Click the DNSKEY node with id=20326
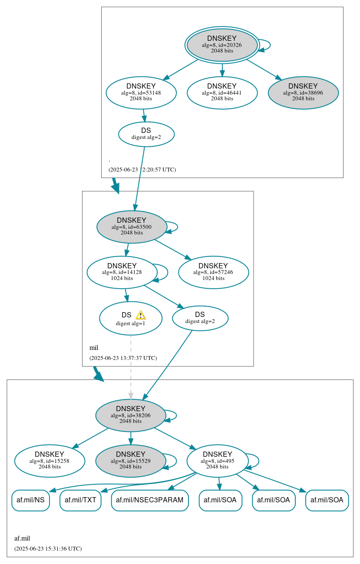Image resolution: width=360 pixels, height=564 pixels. pos(222,45)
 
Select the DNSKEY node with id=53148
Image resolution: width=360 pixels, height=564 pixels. pos(141,92)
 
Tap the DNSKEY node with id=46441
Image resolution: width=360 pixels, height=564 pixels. pos(222,92)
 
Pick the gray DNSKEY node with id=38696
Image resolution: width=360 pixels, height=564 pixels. pos(303,92)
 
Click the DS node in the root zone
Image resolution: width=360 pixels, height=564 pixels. pos(146,134)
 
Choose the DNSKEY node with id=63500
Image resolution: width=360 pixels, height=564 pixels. pos(132,227)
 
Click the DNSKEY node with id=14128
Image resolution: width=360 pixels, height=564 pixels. pos(122,272)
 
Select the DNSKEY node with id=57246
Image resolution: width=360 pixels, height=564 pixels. pos(213,272)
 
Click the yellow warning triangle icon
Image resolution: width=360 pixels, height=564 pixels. pos(140,315)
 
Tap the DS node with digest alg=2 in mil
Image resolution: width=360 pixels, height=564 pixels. pos(200,318)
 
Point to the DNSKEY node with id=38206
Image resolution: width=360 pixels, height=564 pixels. pos(131,415)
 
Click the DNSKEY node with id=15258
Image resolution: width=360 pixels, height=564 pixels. pos(50,461)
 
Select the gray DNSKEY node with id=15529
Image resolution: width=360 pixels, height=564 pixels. pos(131,461)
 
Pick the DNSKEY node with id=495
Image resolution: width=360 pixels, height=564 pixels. pos(218,461)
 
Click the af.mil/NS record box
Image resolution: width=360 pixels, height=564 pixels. pos(30,500)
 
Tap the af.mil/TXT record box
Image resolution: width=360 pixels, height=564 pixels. pos(80,500)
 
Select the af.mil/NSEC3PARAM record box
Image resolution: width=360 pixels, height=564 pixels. pos(150,500)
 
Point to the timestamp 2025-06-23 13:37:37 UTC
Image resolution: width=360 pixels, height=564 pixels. pos(123,358)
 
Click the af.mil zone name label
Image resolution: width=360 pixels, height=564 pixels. pos(22,538)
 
